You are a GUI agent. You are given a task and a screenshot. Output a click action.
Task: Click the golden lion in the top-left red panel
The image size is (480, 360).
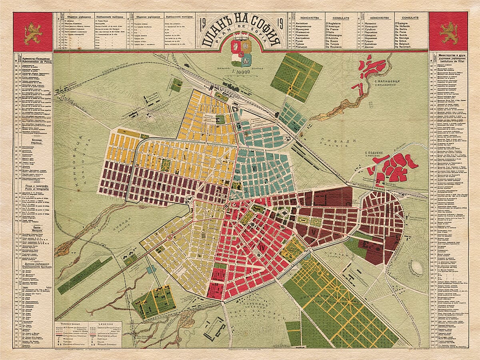pyautogui.click(x=33, y=33)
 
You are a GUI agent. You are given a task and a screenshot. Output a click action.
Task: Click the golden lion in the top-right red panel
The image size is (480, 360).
pyautogui.click(x=448, y=33)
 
